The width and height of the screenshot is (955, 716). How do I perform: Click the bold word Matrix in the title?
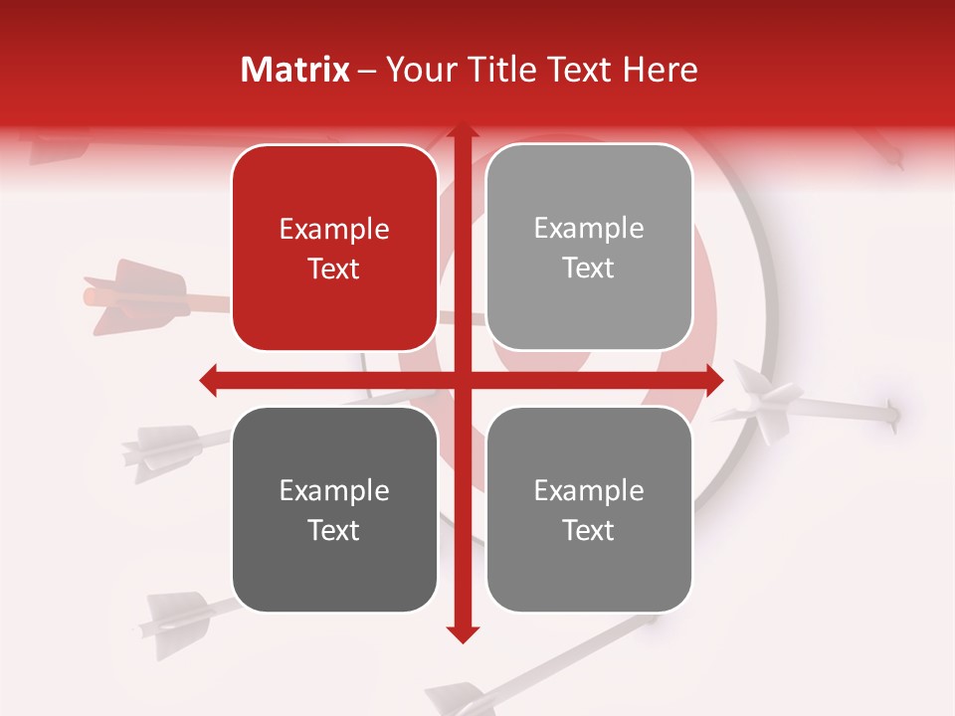click(295, 70)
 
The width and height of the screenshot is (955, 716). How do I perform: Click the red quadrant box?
click(334, 248)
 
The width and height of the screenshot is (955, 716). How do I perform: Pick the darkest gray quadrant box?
click(334, 509)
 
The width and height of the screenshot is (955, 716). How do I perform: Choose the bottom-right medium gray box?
click(589, 509)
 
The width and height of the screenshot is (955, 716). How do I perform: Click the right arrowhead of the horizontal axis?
click(713, 380)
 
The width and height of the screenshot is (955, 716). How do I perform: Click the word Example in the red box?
click(334, 230)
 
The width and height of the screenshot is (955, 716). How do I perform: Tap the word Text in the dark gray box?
click(334, 530)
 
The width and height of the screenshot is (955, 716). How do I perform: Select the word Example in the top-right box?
click(589, 229)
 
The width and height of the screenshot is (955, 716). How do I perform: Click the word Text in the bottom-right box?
click(589, 530)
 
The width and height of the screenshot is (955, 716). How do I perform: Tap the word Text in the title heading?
click(579, 70)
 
